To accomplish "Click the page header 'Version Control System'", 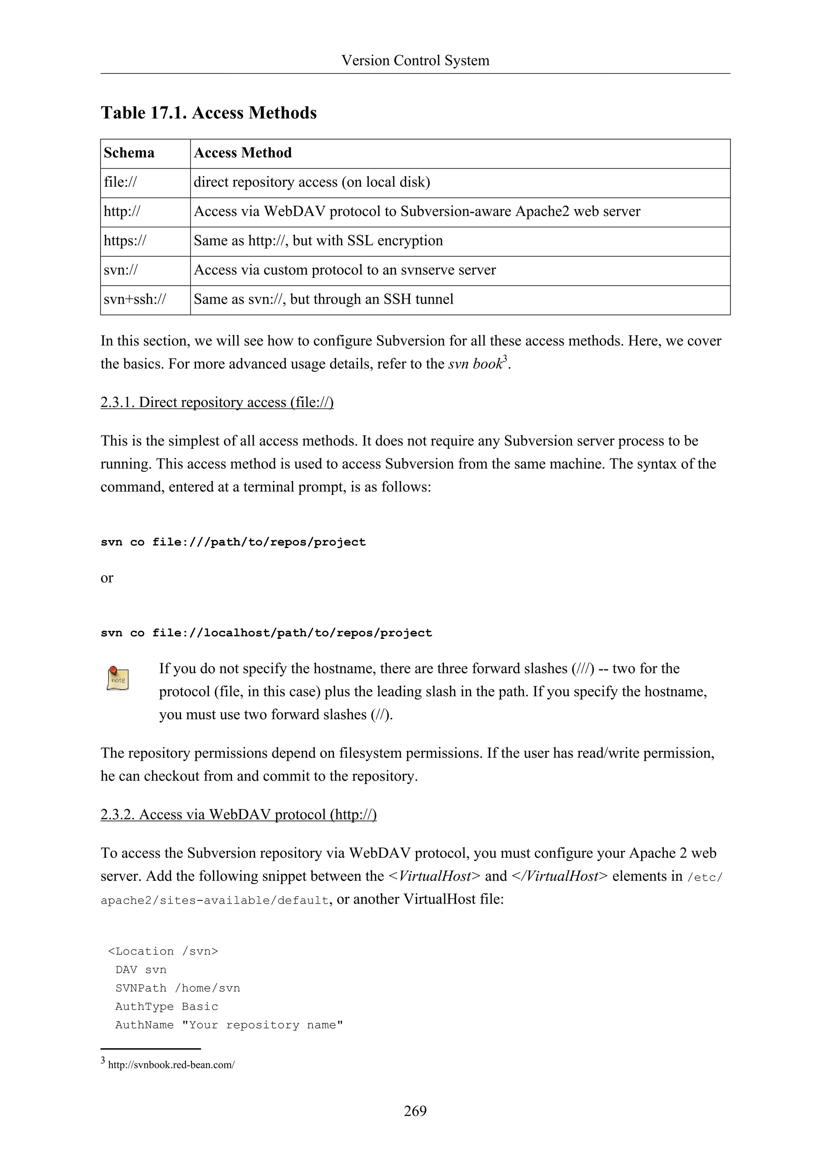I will tap(415, 60).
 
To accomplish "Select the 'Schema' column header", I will tap(129, 153).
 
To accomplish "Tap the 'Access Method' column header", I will tap(243, 153).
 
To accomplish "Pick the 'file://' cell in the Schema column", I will tap(120, 182).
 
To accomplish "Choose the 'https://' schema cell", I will tap(125, 241).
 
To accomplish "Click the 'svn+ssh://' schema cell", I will tap(135, 299).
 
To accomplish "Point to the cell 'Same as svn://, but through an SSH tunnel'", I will tap(323, 299).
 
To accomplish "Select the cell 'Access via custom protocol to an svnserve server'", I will tap(344, 270).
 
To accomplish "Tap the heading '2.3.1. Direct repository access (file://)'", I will tap(217, 403).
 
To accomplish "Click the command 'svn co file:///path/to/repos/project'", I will tap(233, 542).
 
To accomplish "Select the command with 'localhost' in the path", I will tap(266, 633).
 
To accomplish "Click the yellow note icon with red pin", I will tap(118, 679).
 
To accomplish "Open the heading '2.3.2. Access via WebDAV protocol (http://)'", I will tap(239, 814).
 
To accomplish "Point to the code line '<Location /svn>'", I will tap(163, 951).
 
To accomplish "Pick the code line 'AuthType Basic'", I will tap(167, 1006).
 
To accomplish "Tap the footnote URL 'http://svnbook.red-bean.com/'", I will tap(171, 1065).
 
